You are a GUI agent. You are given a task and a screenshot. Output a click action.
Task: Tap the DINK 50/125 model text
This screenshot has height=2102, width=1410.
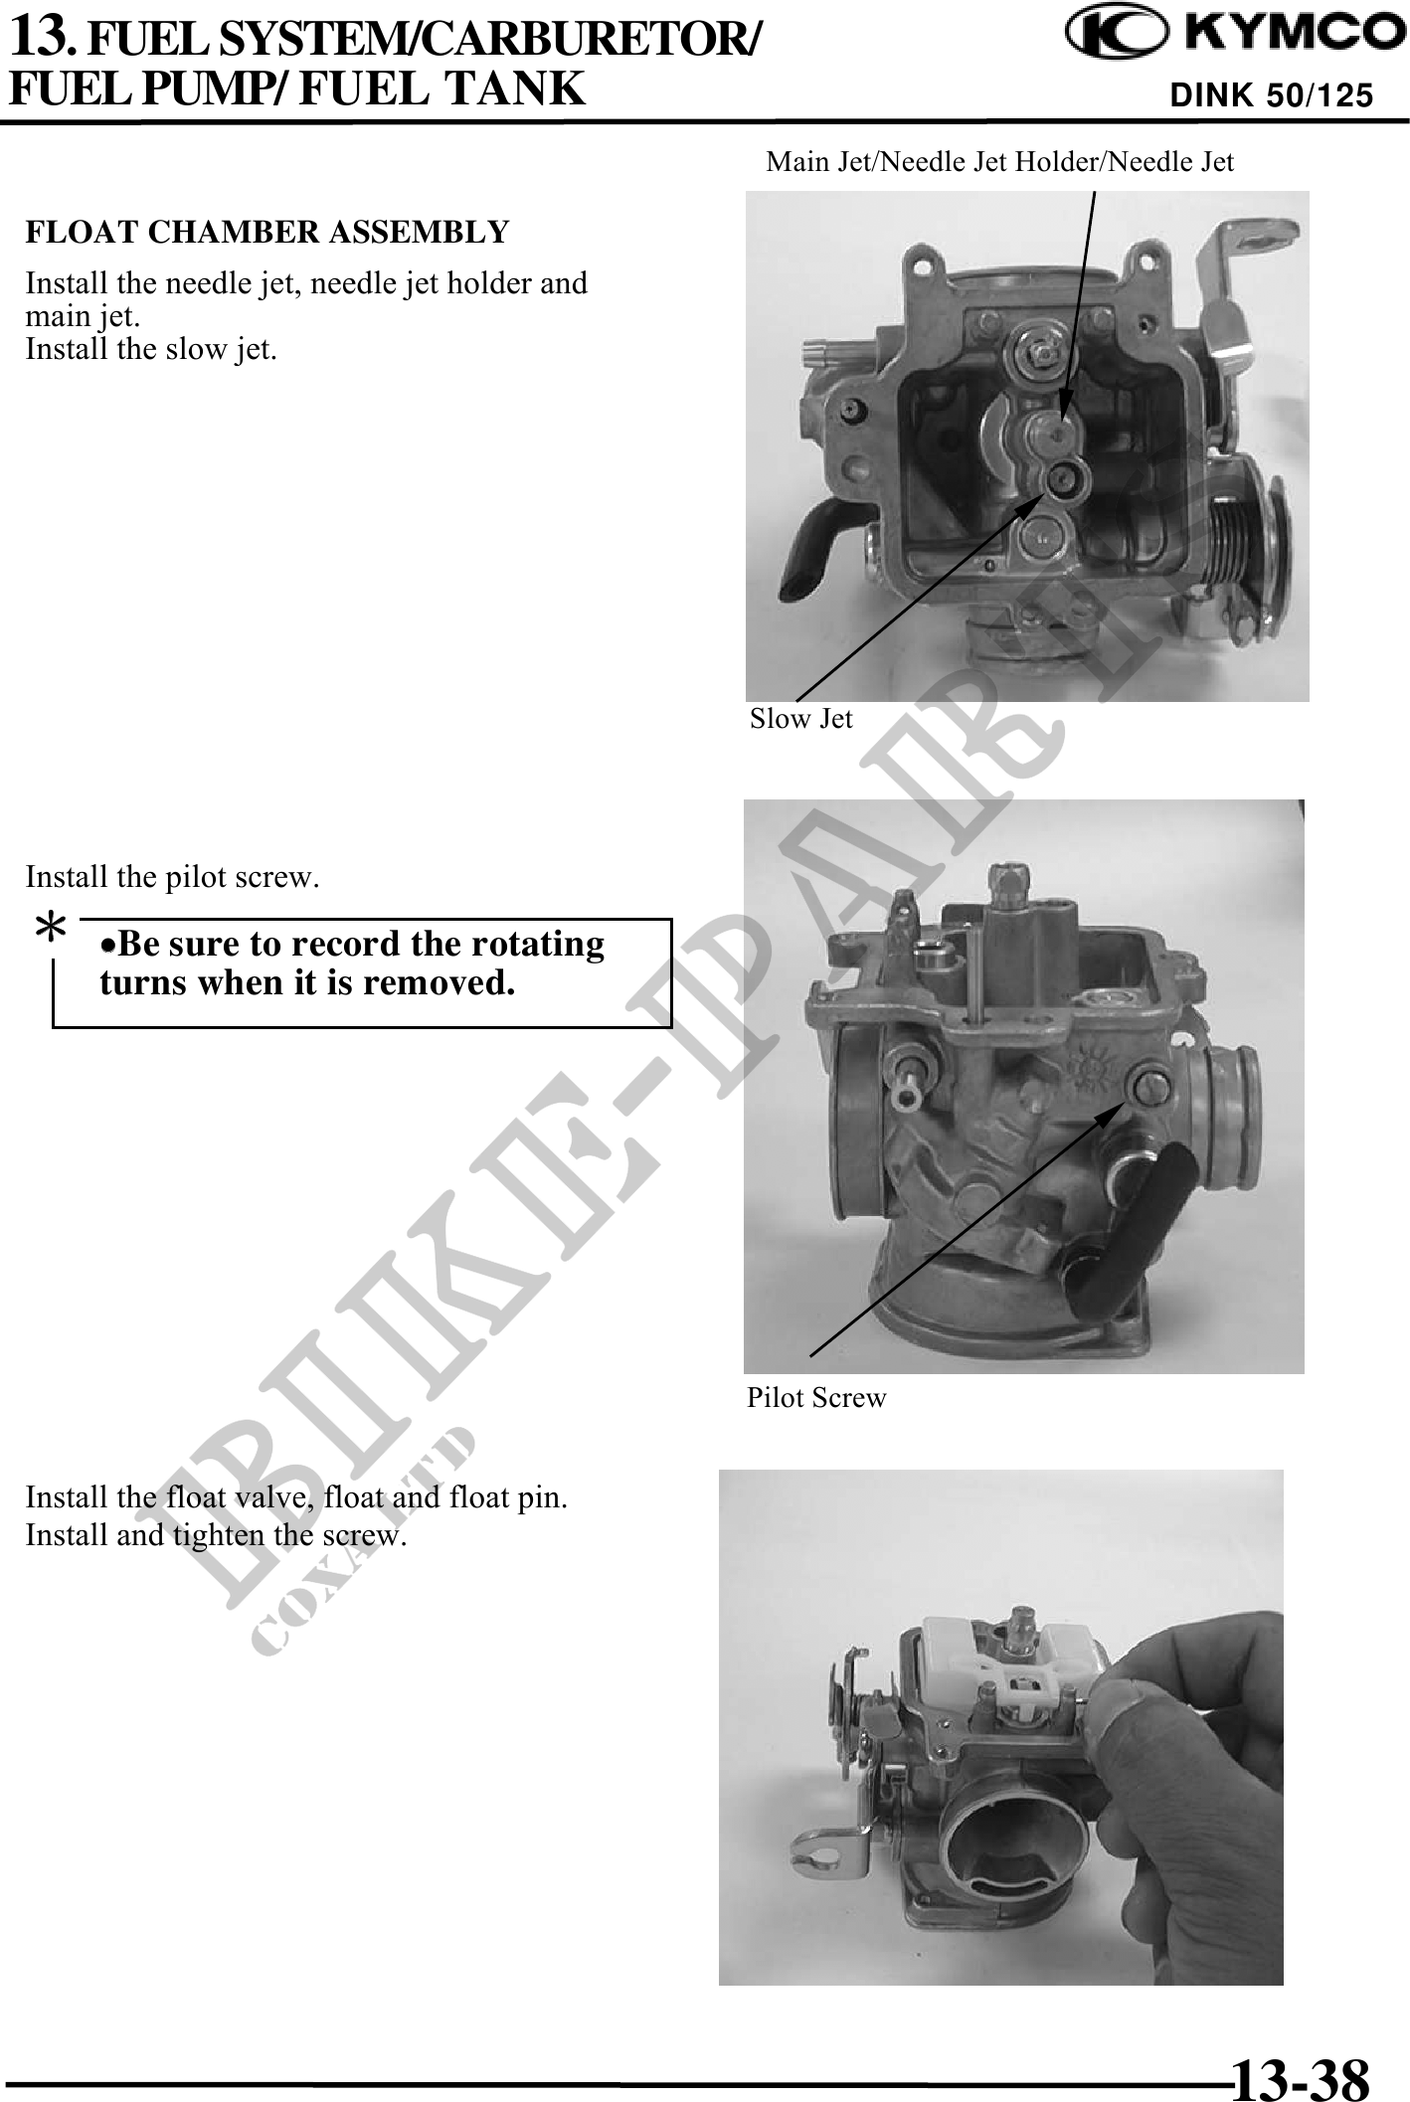point(1272,95)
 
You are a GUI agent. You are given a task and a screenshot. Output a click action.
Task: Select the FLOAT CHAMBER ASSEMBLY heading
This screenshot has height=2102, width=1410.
point(266,232)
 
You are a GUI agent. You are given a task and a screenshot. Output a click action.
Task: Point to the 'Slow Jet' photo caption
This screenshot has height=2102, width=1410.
point(800,718)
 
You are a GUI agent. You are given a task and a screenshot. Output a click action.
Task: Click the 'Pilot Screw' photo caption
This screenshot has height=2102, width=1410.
point(816,1397)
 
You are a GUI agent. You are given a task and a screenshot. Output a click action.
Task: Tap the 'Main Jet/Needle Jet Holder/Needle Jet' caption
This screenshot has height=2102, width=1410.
point(999,161)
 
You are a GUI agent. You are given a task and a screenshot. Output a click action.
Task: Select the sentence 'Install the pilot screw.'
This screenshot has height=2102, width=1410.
point(172,876)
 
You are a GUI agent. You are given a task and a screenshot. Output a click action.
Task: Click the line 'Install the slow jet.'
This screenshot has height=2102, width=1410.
point(151,349)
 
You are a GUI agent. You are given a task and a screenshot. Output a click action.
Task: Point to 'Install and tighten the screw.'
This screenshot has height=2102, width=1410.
point(216,1534)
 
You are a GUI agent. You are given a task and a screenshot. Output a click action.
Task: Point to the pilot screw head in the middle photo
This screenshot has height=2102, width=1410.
point(1150,1083)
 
